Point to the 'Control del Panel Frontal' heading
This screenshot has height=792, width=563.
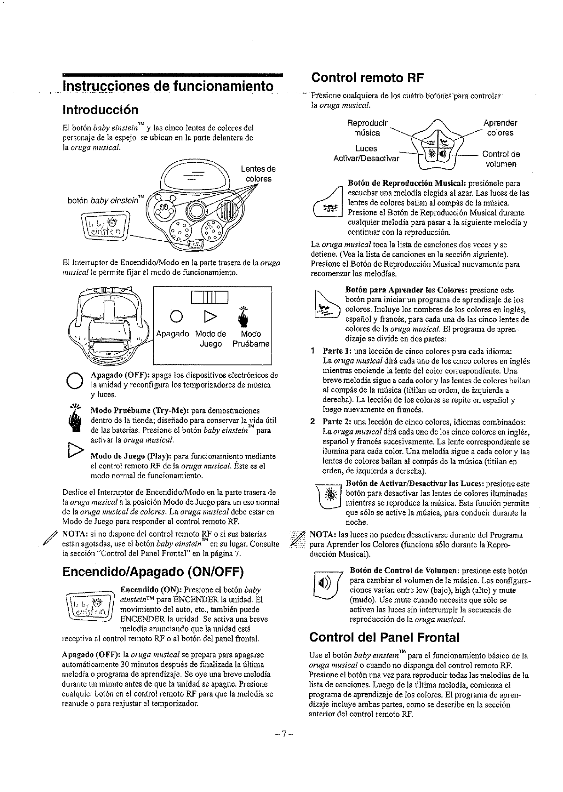384,637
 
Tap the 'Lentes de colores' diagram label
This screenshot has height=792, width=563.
258,174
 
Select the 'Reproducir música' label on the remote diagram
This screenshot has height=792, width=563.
367,128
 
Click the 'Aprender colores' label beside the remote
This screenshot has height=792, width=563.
500,128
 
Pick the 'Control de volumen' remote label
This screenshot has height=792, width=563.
501,159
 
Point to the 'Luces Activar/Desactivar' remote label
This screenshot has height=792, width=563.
366,153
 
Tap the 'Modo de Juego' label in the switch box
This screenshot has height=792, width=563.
211,339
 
